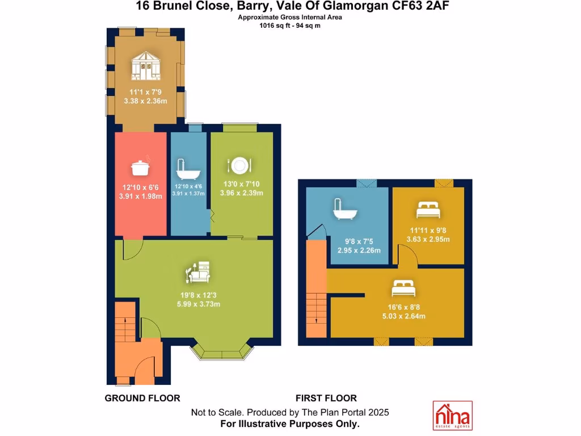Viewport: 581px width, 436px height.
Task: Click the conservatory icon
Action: point(145,67)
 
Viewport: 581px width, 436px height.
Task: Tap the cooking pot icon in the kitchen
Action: point(140,167)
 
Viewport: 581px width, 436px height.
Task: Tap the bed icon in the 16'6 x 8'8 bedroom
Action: point(403,289)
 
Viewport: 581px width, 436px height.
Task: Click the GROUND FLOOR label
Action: point(142,399)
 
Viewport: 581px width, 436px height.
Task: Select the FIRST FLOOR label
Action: point(326,399)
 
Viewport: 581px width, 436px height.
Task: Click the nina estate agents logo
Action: point(452,416)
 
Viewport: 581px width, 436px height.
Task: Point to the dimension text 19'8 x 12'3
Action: point(197,295)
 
